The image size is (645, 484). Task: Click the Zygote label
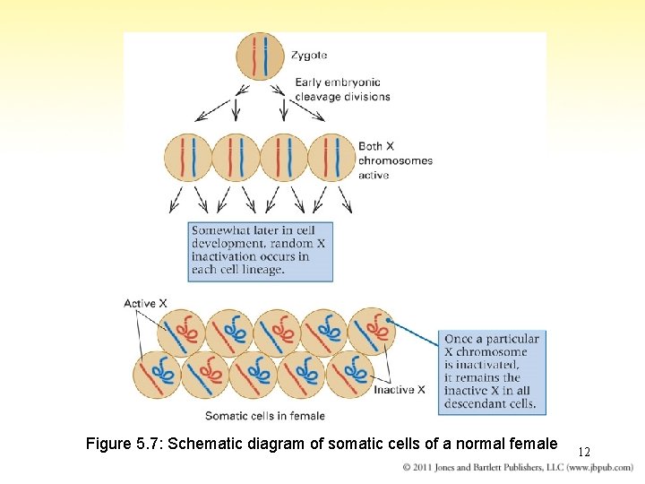pos(309,56)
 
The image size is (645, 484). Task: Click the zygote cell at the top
pos(260,56)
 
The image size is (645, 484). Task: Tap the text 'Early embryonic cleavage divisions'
pos(342,91)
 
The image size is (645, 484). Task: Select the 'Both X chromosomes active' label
pos(394,160)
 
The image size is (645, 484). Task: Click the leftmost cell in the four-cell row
pos(188,158)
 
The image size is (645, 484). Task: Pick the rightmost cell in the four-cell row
pos(331,158)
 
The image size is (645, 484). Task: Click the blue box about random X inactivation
pos(261,250)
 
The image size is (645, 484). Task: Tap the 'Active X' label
pos(145,304)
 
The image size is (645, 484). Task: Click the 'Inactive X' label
pos(400,390)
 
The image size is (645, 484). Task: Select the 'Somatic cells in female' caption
pos(264,416)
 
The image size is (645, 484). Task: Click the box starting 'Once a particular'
pos(491,371)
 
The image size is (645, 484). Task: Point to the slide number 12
pos(584,452)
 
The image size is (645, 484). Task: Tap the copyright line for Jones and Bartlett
pos(518,468)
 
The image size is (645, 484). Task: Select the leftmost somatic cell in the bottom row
pos(157,375)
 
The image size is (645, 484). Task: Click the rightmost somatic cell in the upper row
pos(371,331)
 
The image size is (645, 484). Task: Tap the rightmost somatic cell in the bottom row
pos(348,375)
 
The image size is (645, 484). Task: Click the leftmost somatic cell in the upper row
pos(181,331)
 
